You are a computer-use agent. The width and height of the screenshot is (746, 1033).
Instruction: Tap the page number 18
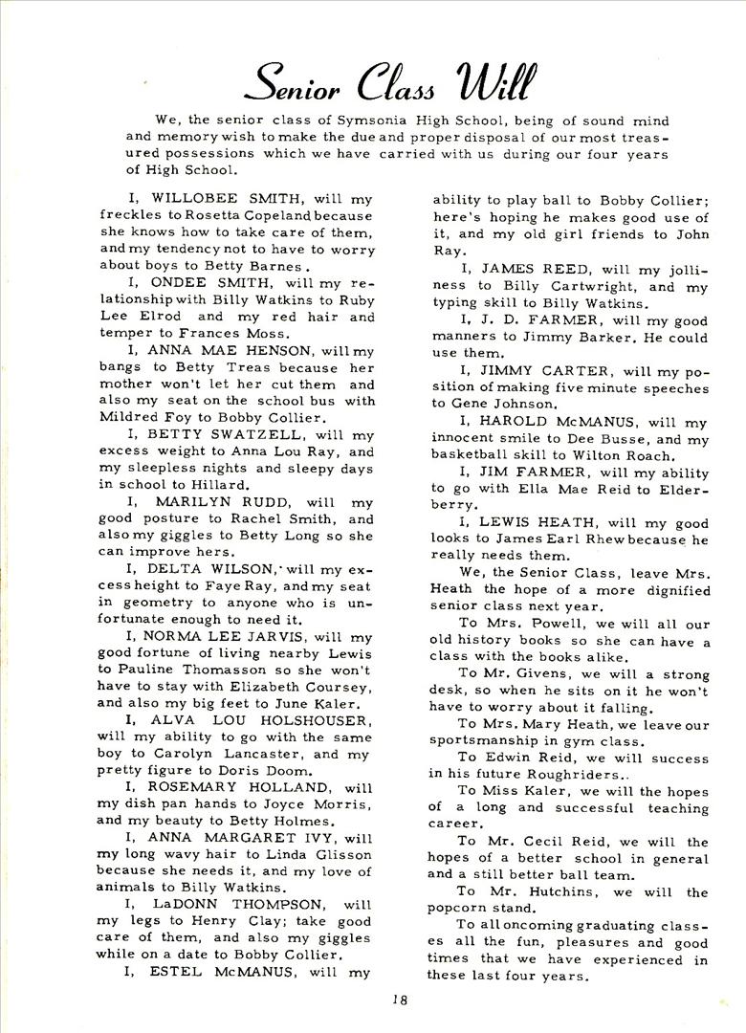pyautogui.click(x=399, y=1000)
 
